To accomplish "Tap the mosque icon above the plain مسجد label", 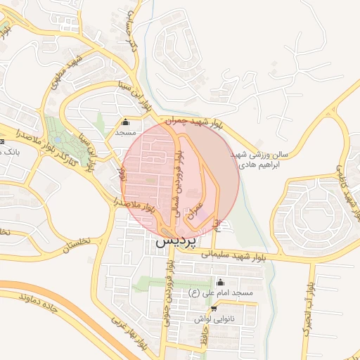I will pyautogui.click(x=125, y=122).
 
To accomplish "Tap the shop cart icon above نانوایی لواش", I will pyautogui.click(x=214, y=308).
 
